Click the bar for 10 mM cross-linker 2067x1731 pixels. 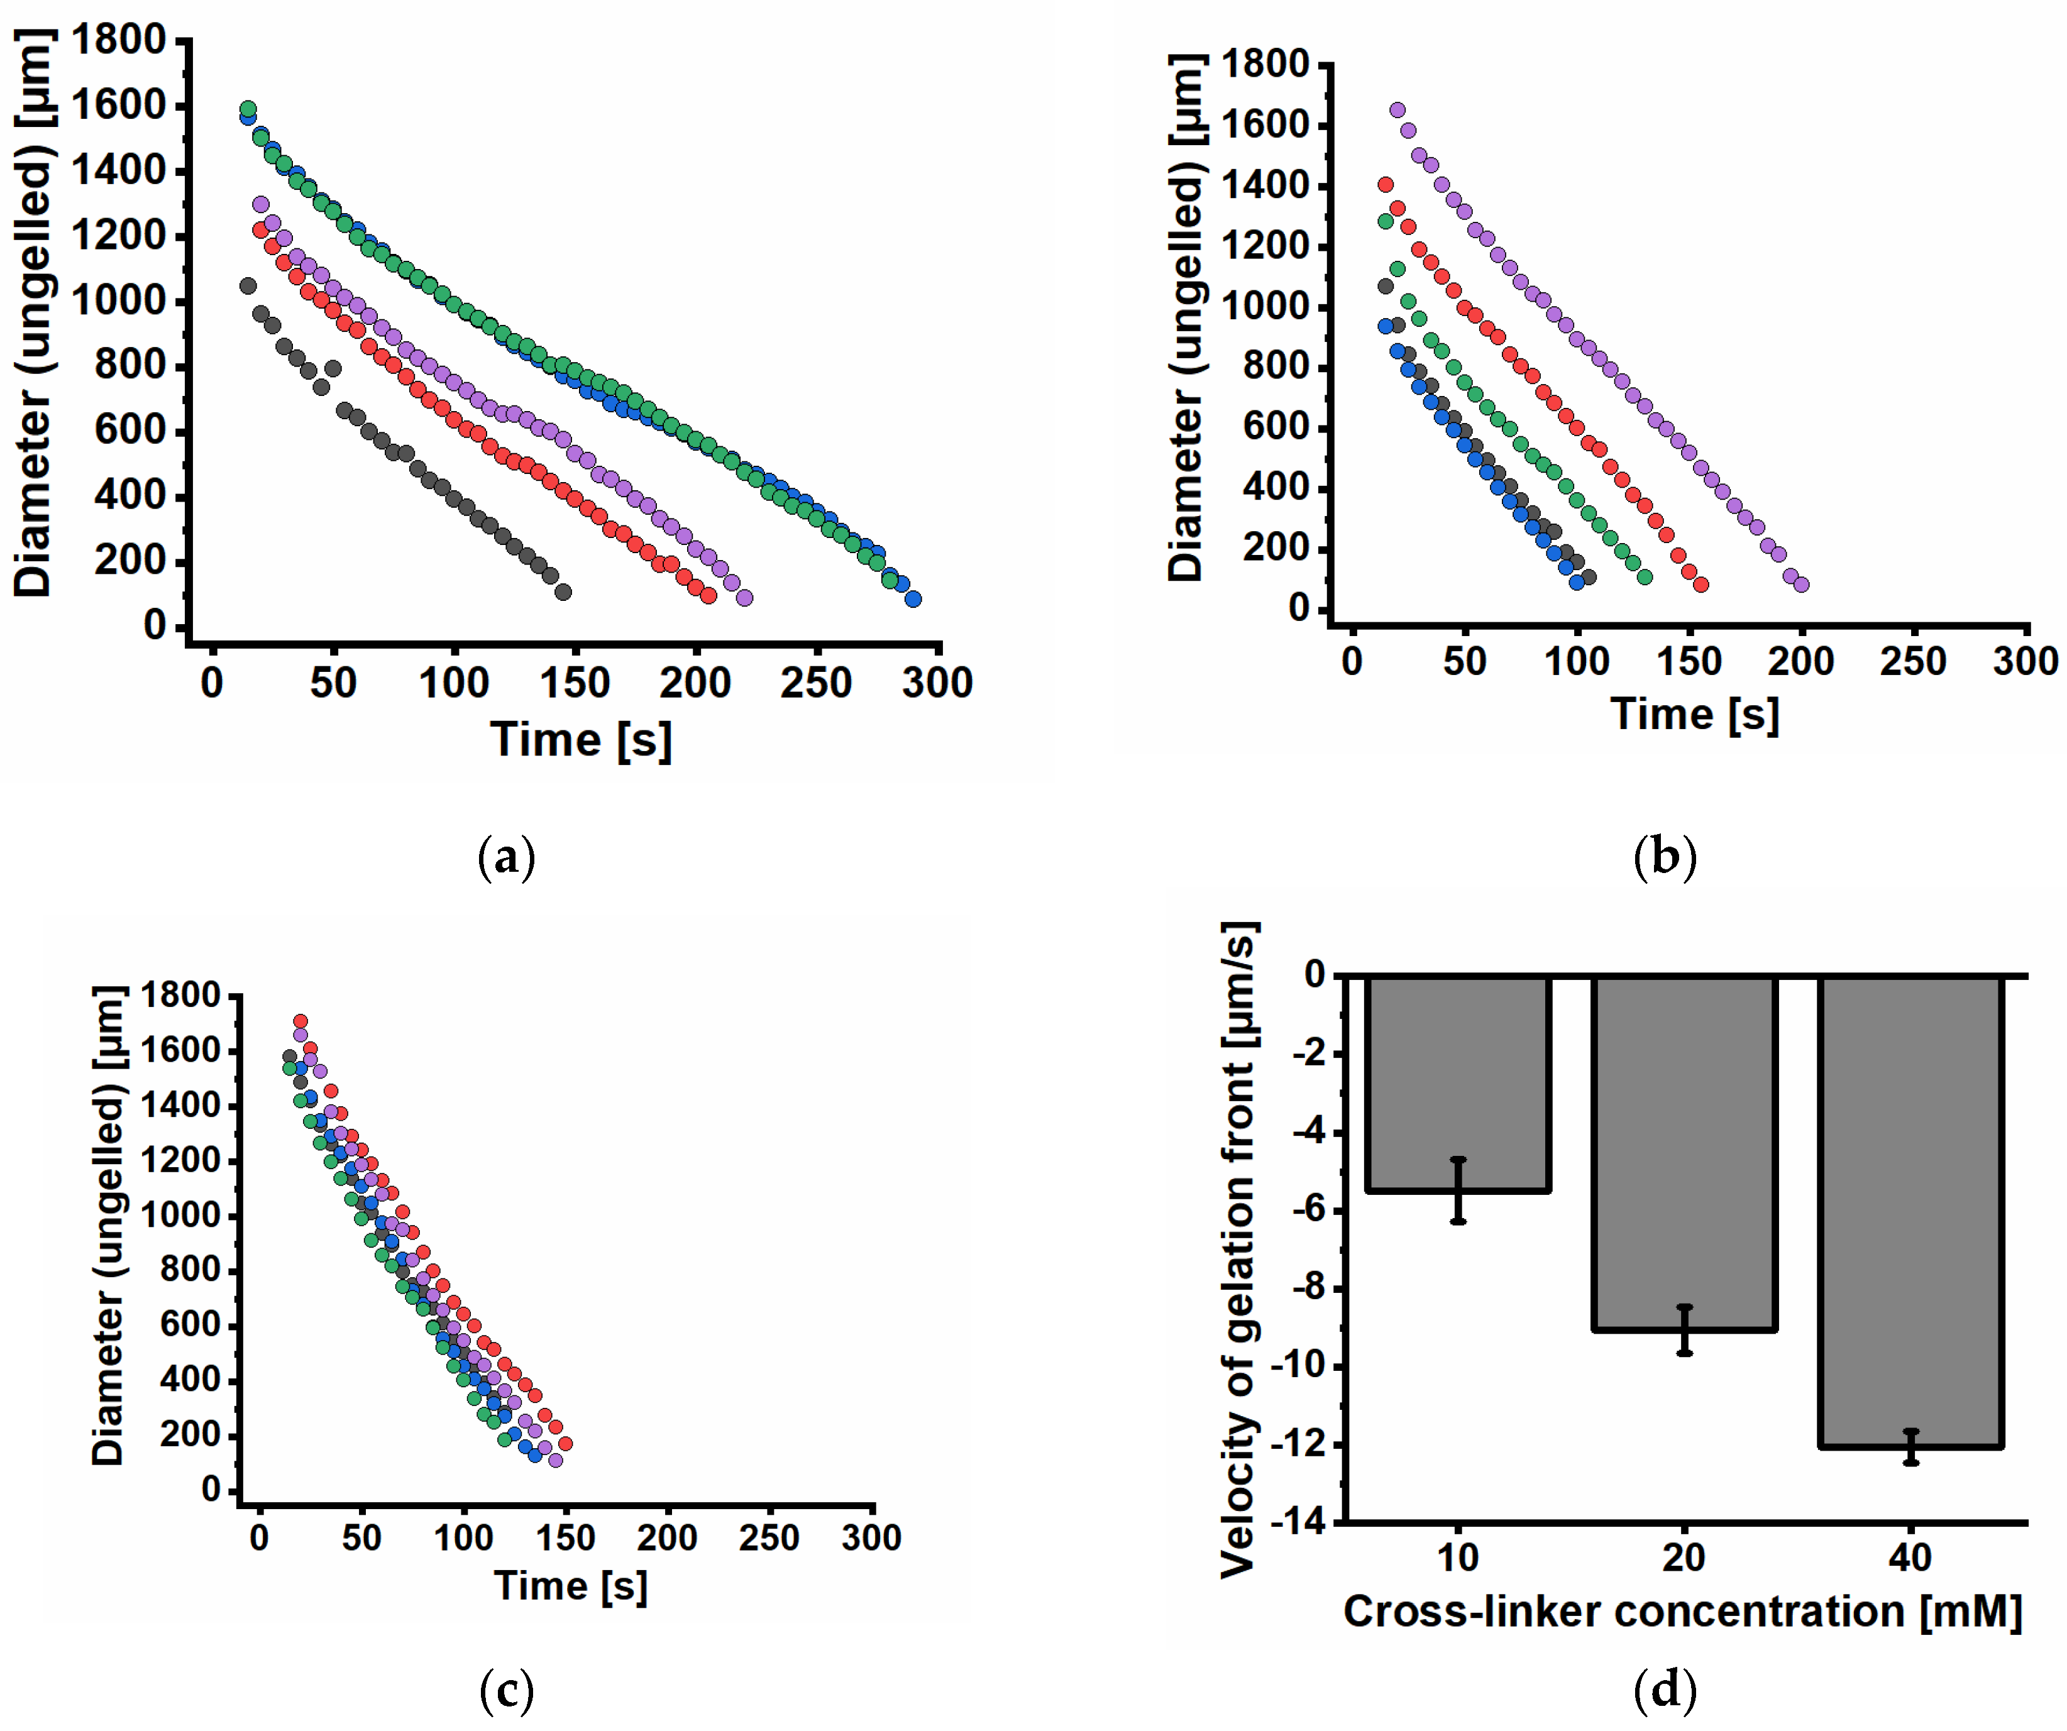point(1458,1082)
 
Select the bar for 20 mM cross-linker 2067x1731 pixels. point(1684,1151)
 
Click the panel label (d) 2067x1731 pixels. point(1665,1690)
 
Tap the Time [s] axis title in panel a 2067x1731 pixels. point(581,740)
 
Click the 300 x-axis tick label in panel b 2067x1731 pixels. point(2025,661)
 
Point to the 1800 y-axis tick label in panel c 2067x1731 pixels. point(181,995)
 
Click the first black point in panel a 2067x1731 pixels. point(248,285)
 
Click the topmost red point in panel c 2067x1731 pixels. point(300,1021)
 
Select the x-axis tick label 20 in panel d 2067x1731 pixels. point(1684,1558)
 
